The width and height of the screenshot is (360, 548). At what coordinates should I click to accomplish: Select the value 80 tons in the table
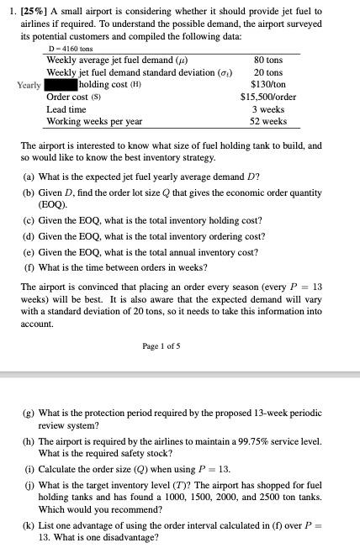point(269,61)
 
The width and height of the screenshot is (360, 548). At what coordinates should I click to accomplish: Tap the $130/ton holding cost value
point(269,85)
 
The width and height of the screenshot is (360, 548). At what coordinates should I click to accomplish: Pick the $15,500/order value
point(268,97)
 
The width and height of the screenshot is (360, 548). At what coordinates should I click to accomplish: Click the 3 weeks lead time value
point(269,109)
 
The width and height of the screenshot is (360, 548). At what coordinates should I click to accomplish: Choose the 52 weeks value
point(269,122)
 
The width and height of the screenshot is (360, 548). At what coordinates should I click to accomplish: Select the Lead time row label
point(66,109)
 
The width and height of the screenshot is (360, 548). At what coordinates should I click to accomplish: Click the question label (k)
point(29,524)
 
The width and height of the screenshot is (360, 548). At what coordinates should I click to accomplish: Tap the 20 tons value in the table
point(269,73)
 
